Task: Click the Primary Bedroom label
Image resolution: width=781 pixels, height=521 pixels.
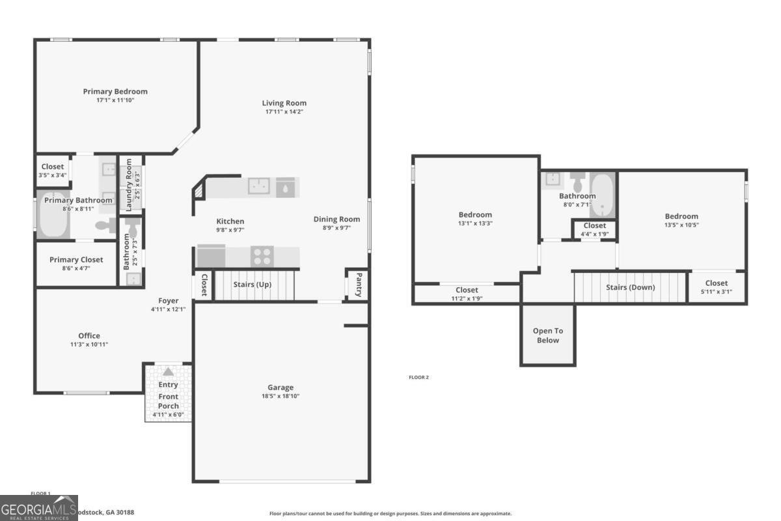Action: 115,91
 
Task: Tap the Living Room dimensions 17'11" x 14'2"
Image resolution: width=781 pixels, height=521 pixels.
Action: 284,111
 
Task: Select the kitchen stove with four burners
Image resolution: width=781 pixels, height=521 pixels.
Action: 262,256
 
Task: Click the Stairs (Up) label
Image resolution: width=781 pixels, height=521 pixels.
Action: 253,285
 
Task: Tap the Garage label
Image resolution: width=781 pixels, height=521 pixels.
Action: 281,387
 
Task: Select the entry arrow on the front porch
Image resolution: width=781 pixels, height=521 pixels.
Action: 168,371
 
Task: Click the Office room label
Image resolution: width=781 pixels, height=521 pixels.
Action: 89,336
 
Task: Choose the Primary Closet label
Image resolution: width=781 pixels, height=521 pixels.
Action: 76,259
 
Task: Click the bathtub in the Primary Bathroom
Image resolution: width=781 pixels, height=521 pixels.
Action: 53,216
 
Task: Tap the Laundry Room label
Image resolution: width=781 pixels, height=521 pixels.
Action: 129,184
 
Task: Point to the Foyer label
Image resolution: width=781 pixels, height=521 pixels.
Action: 168,300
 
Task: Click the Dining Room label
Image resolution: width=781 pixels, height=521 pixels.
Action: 336,219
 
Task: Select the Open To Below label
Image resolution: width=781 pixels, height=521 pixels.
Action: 547,335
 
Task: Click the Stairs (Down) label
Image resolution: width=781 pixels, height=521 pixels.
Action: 630,287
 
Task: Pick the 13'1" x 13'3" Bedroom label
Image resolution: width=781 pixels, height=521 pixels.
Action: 475,214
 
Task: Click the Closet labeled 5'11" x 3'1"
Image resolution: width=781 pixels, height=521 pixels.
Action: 716,283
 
